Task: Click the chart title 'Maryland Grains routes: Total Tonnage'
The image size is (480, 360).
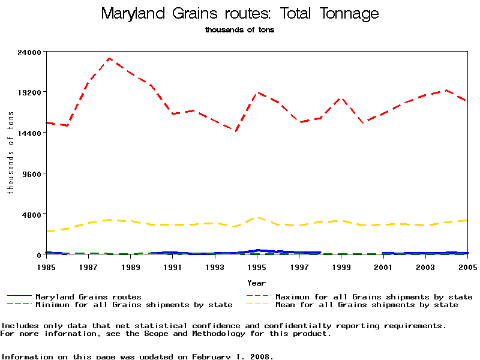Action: pos(240,13)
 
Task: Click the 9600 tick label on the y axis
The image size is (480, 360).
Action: pos(32,173)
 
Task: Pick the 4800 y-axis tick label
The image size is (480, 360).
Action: pos(32,214)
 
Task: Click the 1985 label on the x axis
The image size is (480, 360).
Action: pos(46,266)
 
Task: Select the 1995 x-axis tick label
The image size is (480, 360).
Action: pos(257,266)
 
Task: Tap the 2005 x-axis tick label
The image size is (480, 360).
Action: pos(467,266)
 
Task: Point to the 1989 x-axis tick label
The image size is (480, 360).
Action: pos(131,266)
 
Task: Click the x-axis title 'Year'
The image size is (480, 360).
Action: pos(257,283)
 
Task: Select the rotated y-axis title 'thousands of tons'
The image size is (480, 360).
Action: pos(10,153)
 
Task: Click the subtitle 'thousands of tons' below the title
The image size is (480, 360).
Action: pos(240,30)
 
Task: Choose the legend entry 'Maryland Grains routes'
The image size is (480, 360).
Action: pos(88,297)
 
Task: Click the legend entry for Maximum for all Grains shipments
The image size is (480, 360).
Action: pos(374,297)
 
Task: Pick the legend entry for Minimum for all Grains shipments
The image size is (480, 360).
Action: pos(134,305)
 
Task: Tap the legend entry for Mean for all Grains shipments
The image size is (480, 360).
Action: pos(367,305)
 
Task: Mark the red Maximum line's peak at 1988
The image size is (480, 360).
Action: pos(110,58)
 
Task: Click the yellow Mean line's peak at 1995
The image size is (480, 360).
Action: pos(257,217)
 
